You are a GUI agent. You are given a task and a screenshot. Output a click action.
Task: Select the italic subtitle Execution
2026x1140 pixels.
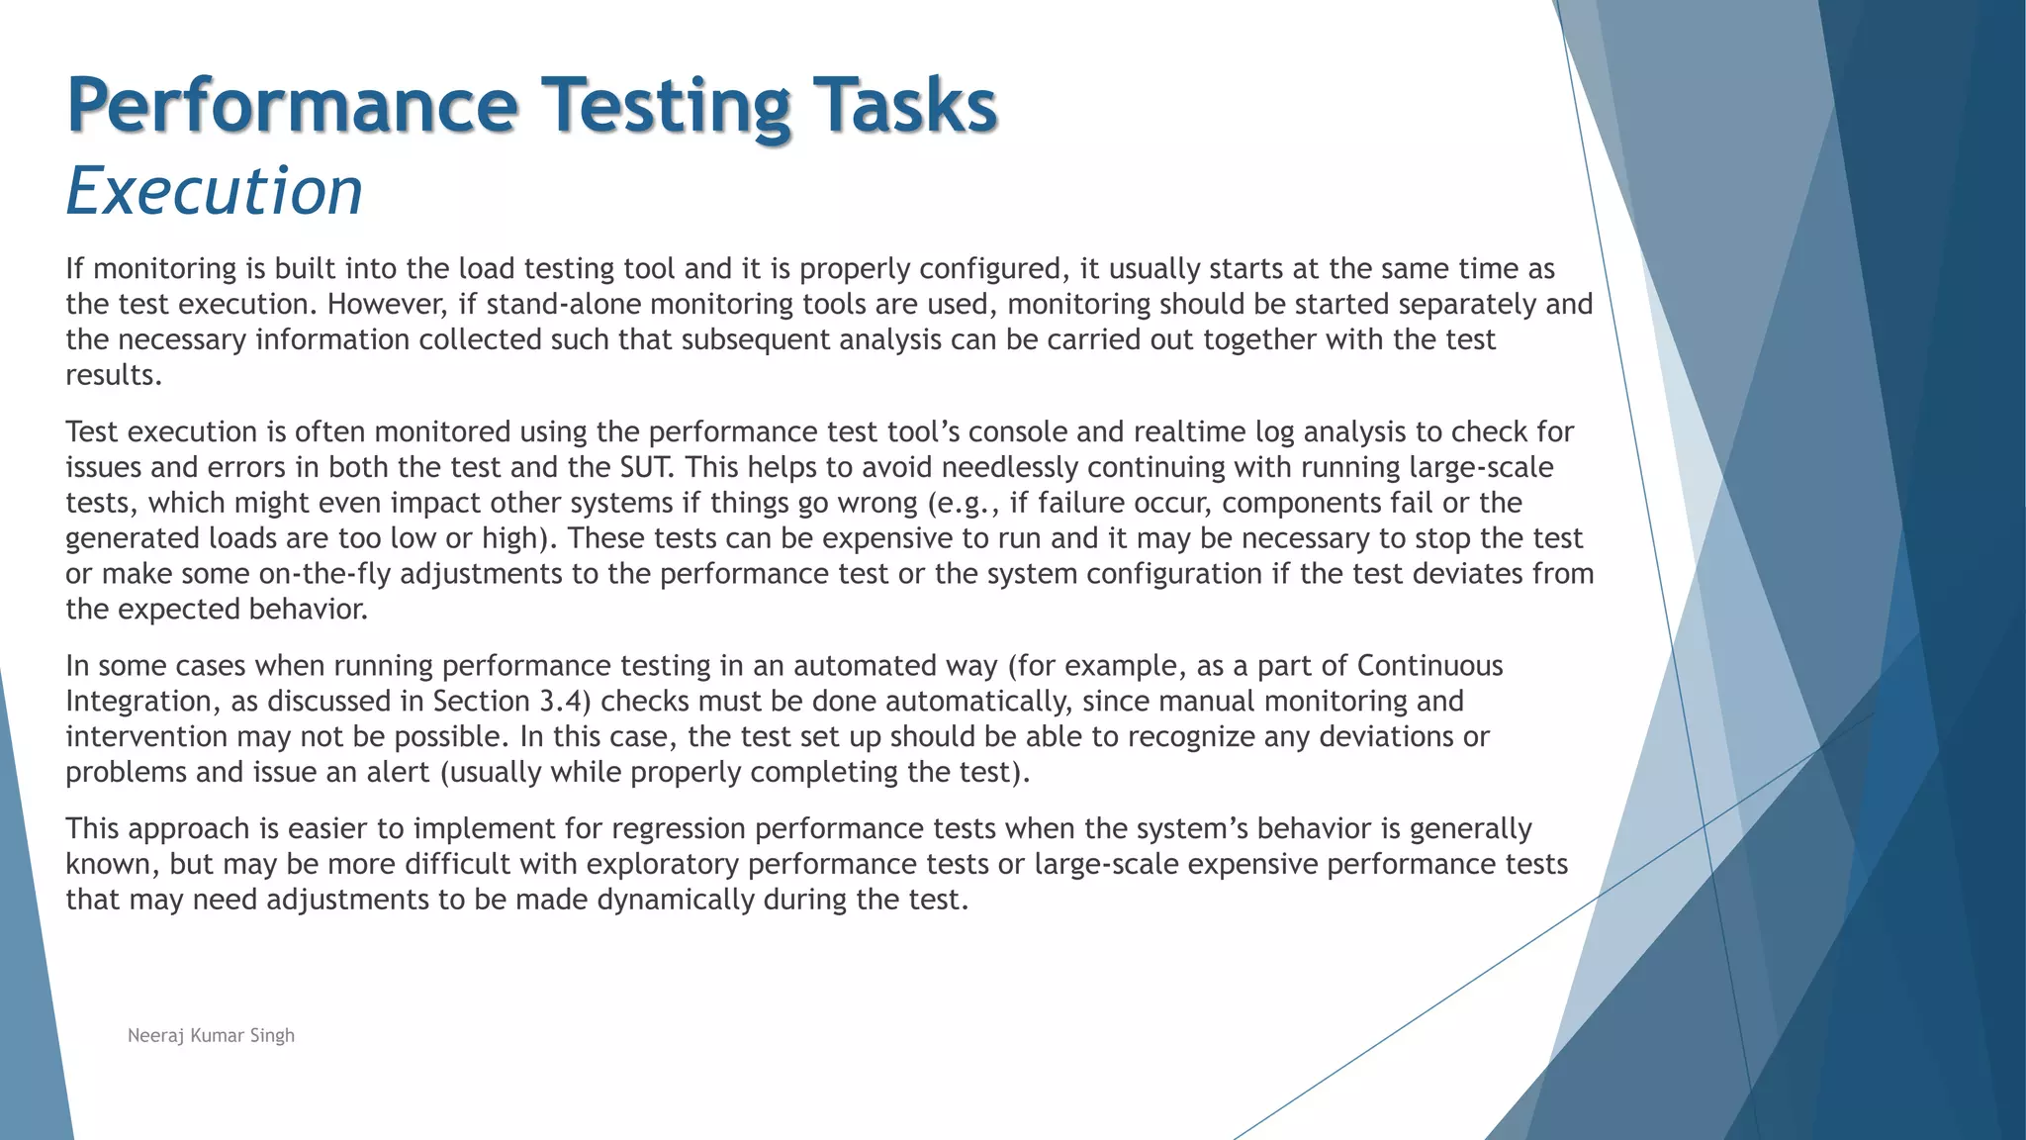click(x=215, y=190)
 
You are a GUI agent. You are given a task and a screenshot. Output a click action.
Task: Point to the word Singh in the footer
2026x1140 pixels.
click(x=272, y=1035)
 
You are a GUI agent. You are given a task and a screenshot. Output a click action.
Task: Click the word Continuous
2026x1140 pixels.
click(x=1429, y=666)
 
